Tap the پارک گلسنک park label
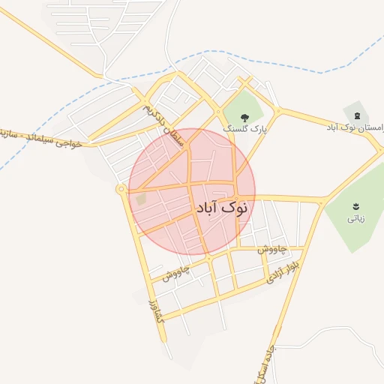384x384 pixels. pos(244,129)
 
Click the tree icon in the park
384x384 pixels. pos(245,115)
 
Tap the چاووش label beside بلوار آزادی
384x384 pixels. pos(272,249)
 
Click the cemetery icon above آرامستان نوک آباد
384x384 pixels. pos(356,115)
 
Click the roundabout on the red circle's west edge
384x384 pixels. pos(121,190)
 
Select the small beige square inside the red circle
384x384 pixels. pos(141,199)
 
